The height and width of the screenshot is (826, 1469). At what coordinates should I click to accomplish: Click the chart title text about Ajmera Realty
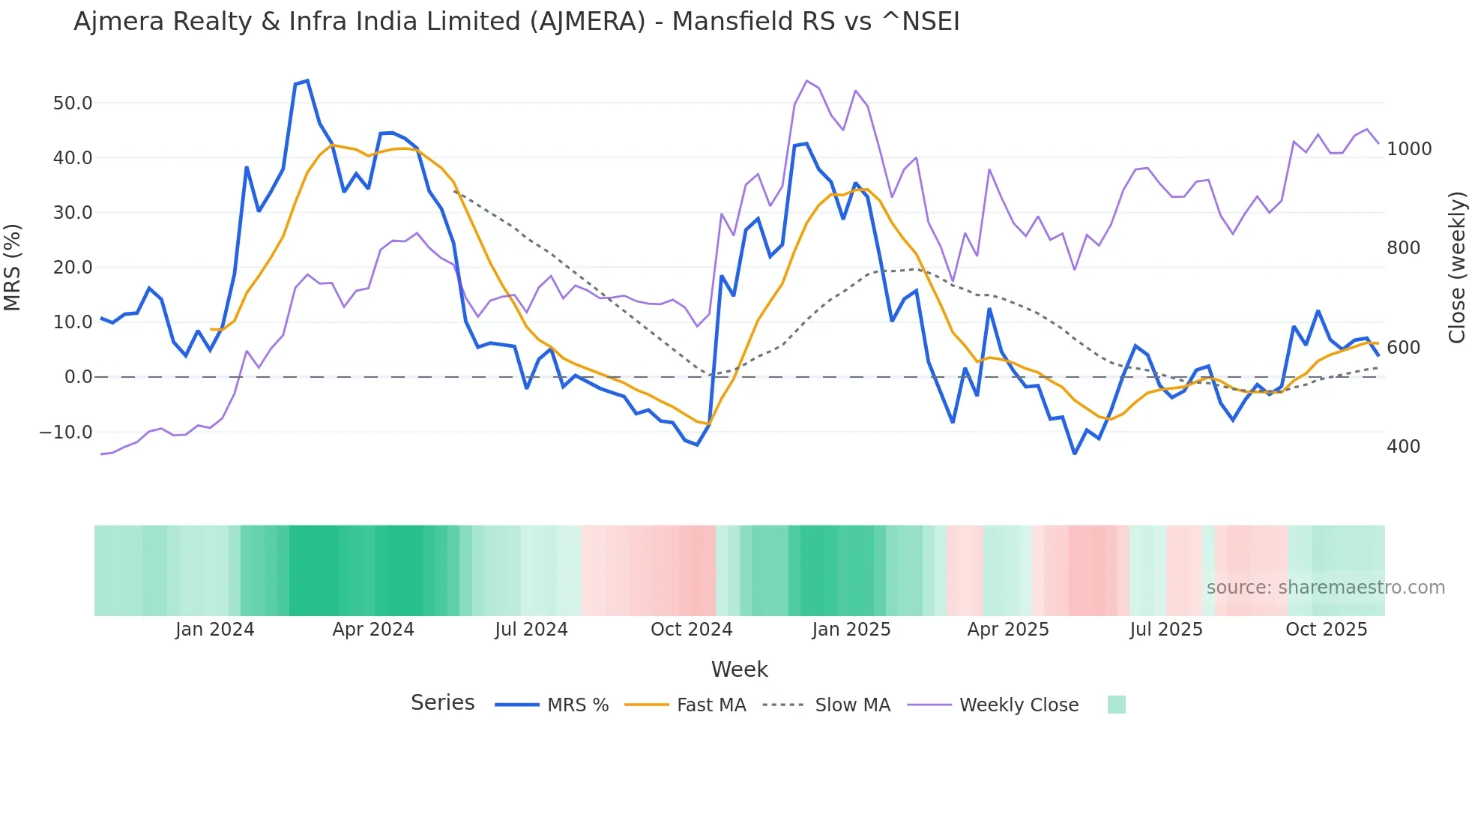(516, 22)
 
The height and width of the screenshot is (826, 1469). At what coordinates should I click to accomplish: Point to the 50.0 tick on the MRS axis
(73, 103)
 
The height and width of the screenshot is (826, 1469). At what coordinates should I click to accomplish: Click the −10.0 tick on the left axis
(66, 432)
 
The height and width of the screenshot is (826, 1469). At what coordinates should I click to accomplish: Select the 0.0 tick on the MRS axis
(78, 377)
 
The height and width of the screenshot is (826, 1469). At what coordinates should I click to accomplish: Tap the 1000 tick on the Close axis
(1409, 149)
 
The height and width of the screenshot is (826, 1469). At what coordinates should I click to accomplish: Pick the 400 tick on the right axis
(1403, 447)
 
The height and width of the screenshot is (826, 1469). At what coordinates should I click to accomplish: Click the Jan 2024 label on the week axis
(214, 630)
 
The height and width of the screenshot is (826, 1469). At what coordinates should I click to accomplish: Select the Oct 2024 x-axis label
(691, 630)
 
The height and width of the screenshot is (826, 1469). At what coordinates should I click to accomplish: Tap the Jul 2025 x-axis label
(1165, 630)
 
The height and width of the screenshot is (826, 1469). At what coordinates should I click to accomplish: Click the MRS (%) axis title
(13, 268)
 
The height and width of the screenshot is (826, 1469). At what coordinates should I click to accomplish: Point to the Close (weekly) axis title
(1456, 268)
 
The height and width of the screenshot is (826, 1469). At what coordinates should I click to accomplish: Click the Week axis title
(739, 669)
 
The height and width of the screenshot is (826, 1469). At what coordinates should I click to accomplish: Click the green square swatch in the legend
(1116, 705)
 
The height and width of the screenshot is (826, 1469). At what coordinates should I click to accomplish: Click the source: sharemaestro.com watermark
(1325, 588)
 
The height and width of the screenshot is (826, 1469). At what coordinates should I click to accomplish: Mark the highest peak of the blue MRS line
(307, 81)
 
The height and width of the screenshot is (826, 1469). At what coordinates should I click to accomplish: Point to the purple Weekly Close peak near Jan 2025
(806, 81)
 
